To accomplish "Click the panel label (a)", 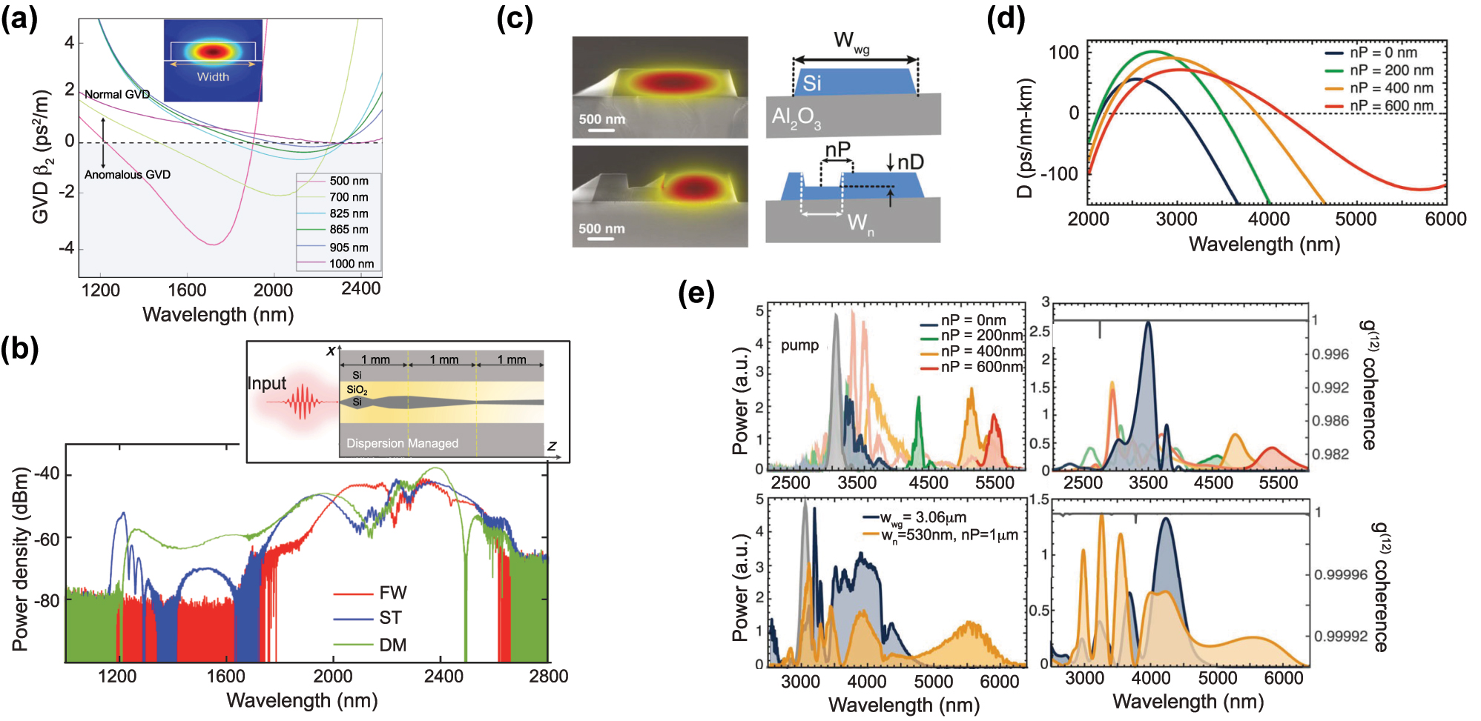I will point(19,17).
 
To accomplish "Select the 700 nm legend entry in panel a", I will point(349,197).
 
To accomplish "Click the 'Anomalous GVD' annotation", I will point(127,175).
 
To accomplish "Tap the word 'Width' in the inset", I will point(213,77).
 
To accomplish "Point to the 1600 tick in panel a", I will point(187,290).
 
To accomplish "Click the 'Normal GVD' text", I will point(116,95).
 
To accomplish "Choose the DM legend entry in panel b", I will point(392,645).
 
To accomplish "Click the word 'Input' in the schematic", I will point(266,383).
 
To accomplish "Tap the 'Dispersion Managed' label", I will point(402,443).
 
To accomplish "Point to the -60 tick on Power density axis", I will point(47,539).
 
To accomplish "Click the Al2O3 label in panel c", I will point(796,117).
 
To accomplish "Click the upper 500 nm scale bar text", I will point(601,119).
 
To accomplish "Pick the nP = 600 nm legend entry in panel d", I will point(1391,106).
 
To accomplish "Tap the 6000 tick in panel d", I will point(1445,219).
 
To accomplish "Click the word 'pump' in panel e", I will point(799,345).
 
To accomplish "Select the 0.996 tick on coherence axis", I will point(1330,354).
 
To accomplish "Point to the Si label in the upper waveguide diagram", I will point(811,83).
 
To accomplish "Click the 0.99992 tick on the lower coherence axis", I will point(1341,637).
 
